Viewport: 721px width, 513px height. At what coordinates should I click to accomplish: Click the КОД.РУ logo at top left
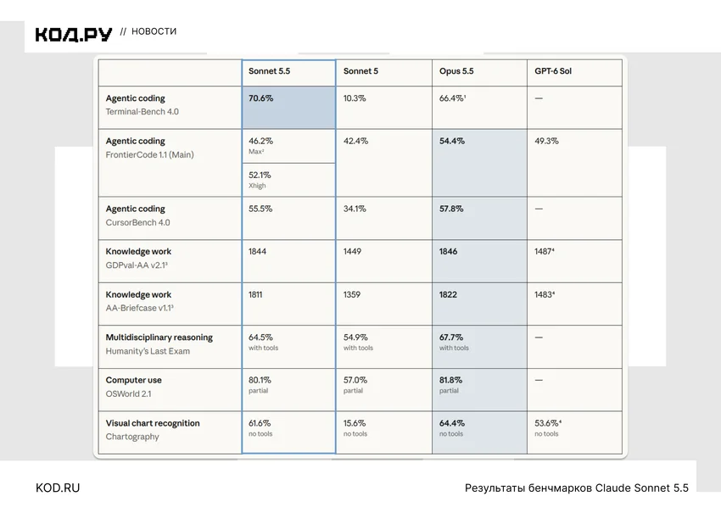74,35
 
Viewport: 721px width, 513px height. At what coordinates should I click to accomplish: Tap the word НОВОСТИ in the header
154,31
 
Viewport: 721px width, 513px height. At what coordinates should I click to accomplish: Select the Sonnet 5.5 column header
269,70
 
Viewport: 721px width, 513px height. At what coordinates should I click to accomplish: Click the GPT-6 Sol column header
553,70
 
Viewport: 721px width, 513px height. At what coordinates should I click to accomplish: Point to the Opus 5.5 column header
456,71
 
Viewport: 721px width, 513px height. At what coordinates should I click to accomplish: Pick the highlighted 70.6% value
260,98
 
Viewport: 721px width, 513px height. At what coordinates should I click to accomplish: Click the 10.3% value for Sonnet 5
355,98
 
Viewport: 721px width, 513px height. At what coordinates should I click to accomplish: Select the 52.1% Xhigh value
260,176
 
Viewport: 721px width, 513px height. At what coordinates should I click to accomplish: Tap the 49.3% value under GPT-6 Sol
546,141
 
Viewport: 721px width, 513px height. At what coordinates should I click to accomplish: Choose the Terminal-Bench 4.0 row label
143,112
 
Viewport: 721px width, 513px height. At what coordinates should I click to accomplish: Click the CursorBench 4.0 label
137,222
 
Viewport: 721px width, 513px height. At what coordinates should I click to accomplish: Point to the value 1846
448,252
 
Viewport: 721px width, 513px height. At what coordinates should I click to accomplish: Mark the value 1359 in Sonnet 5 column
352,294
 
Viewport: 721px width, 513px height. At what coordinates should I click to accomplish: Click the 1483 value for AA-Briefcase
545,294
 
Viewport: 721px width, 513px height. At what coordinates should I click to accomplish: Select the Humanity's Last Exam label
148,351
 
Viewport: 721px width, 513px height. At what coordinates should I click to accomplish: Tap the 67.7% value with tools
451,337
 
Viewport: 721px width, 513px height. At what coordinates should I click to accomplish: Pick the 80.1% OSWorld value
260,380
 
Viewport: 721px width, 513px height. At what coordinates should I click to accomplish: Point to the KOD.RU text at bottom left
58,488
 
